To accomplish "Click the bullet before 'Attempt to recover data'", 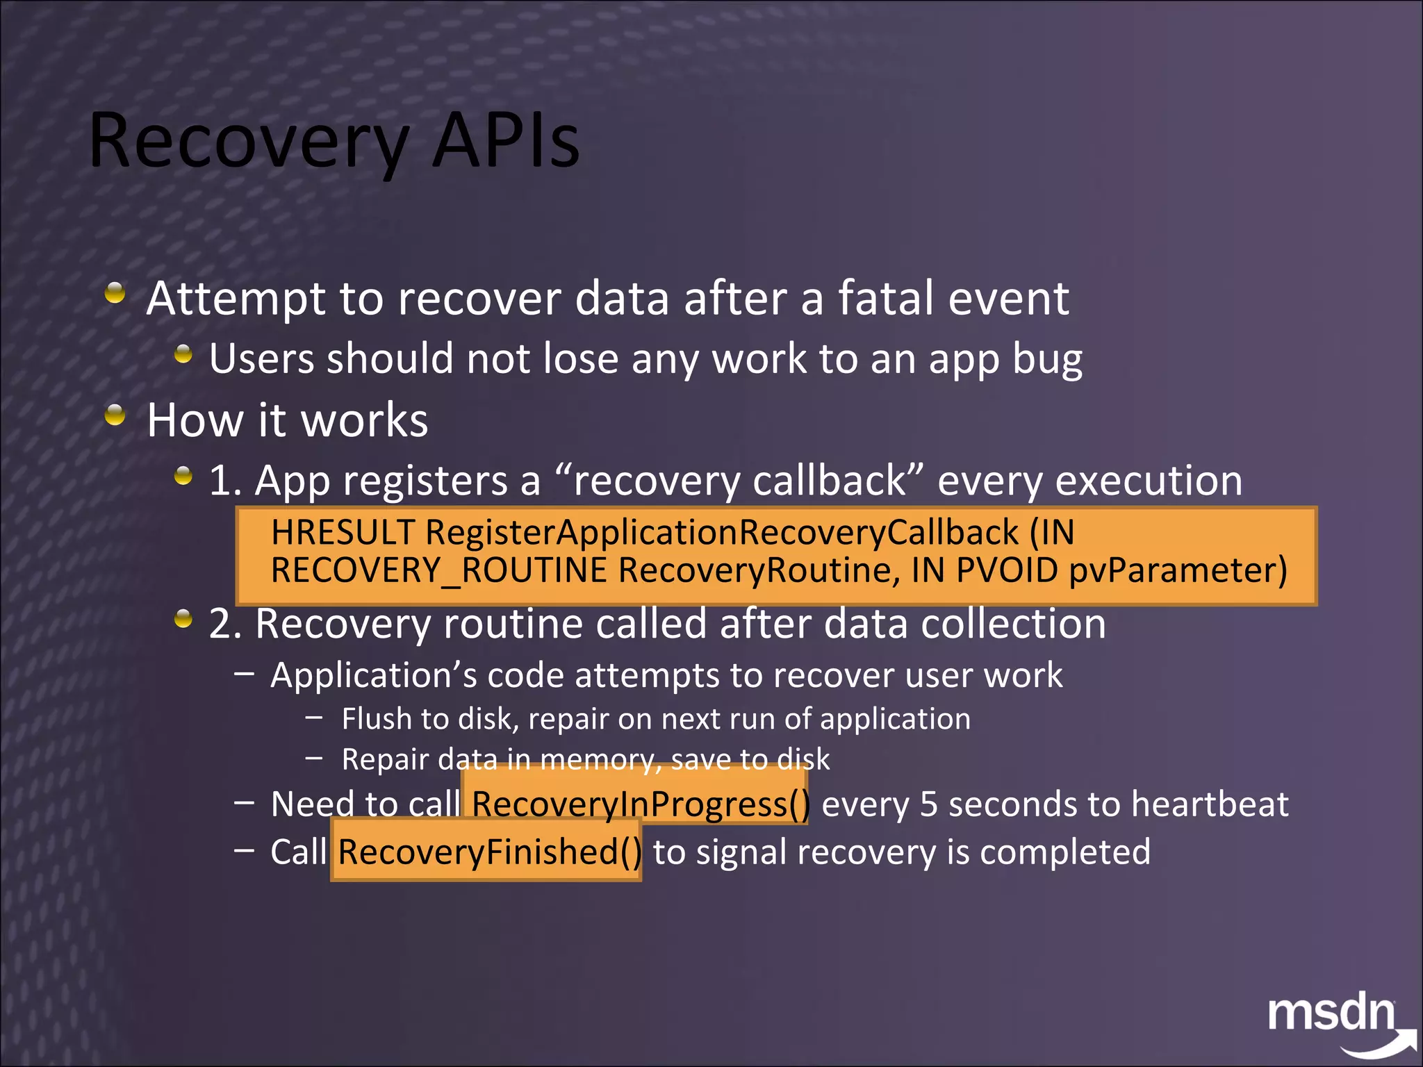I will [115, 293].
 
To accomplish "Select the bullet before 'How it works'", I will [115, 415].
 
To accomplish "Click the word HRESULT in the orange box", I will [343, 533].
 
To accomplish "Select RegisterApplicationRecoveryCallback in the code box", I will [721, 533].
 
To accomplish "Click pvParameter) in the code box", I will [1178, 570].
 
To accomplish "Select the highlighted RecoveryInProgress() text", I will [640, 804].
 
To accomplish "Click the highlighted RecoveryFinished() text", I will [489, 852].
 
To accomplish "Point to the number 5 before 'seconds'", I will [928, 804].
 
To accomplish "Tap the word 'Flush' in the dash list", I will [378, 719].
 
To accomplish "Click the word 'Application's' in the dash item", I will [373, 675].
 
